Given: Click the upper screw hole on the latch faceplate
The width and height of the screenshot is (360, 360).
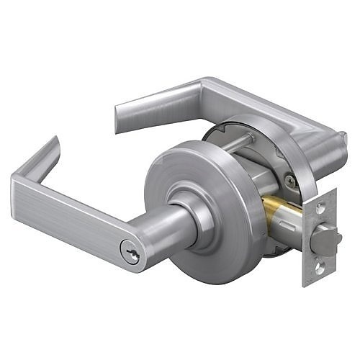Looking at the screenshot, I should (x=318, y=207).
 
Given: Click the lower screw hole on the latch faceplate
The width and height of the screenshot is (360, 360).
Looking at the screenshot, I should (x=317, y=267).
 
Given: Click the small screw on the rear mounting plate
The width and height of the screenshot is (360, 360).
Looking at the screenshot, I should (x=289, y=181).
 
